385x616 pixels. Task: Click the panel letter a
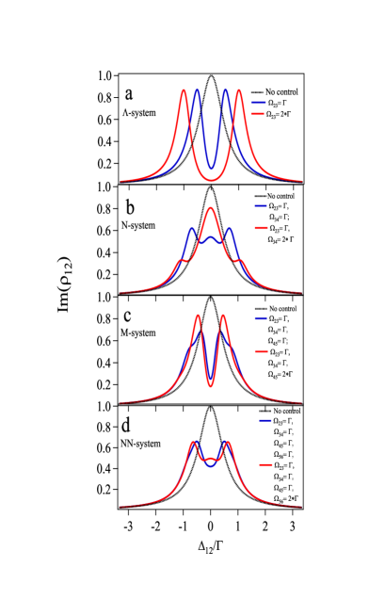130,94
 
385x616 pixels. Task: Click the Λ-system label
138,111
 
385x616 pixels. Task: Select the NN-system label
141,443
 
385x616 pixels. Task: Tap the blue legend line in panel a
259,102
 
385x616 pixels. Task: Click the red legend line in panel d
265,465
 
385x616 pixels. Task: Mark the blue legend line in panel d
265,421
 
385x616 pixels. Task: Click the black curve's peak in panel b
211,186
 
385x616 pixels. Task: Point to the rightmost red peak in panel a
239,90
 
